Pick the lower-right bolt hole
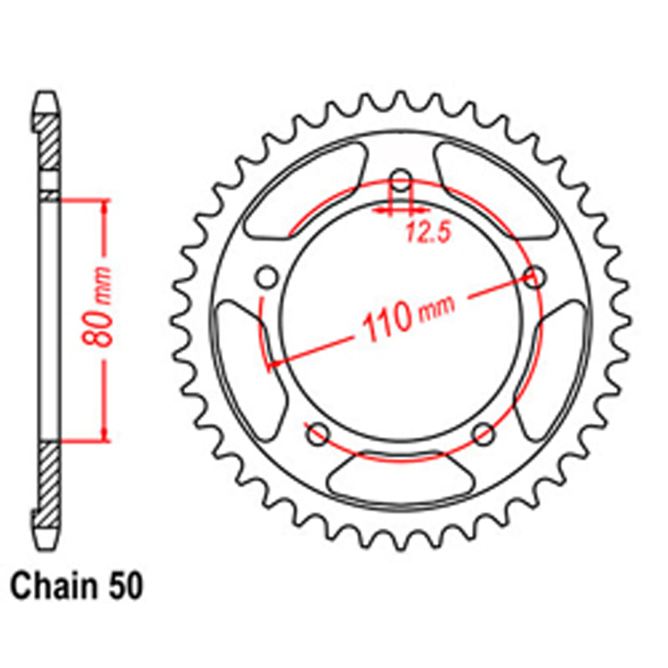point(483,435)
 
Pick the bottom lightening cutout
point(399,477)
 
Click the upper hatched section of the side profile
point(47,144)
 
